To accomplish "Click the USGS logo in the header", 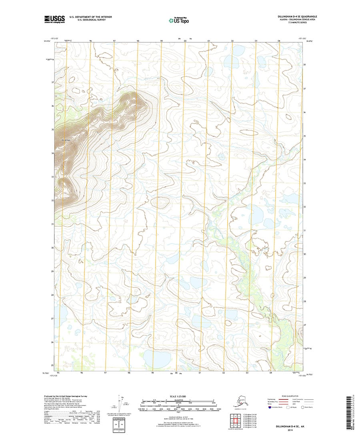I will click(x=54, y=18).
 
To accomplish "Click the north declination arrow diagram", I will click(x=120, y=404).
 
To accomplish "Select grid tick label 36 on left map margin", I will click(x=52, y=106).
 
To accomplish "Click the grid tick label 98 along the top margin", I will click(x=138, y=41).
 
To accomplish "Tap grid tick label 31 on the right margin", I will click(x=305, y=231).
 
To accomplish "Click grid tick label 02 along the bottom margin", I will click(x=224, y=372).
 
